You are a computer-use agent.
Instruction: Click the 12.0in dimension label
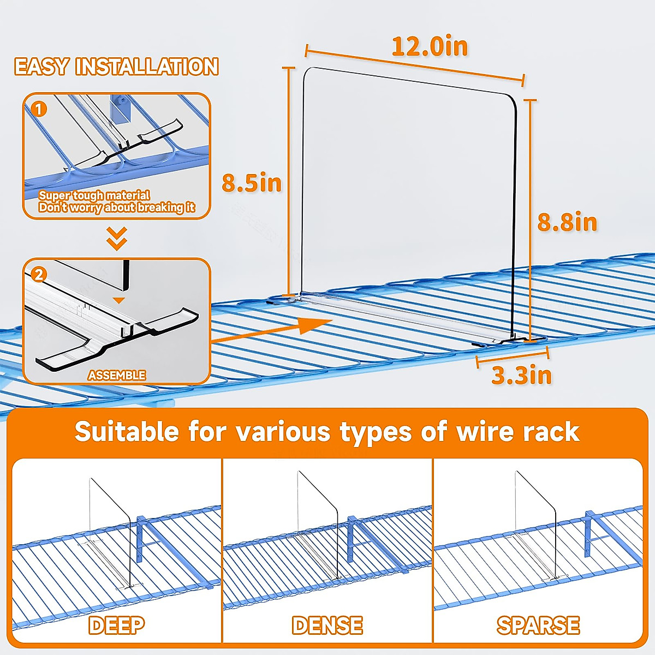point(430,46)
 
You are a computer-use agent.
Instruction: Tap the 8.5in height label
point(252,183)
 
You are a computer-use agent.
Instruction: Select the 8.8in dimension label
point(567,222)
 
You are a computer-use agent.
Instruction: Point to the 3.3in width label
point(521,376)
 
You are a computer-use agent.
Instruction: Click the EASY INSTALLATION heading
point(116,67)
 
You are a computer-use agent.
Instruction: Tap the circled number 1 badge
point(38,109)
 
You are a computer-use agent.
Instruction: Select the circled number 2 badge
point(38,273)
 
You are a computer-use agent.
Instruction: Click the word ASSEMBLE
point(117,376)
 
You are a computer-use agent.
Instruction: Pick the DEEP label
point(116,625)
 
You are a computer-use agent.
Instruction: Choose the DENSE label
point(327,625)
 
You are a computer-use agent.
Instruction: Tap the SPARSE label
point(538,625)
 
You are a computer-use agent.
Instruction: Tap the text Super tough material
point(94,195)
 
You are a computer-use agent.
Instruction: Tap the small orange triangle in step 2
point(118,300)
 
